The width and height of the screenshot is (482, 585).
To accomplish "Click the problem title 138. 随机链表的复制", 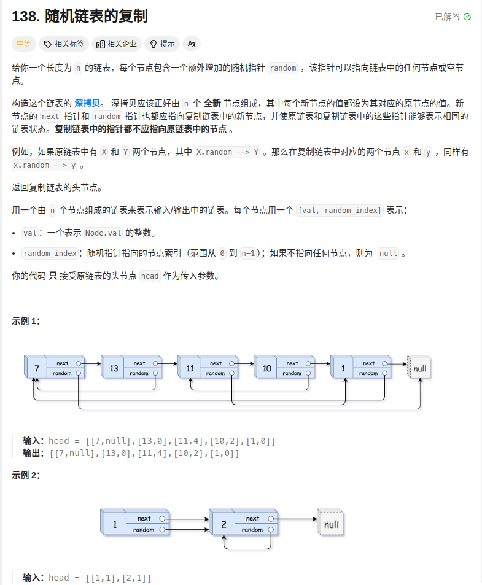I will click(x=80, y=17).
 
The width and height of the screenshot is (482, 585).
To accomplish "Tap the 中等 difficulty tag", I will click(x=24, y=44).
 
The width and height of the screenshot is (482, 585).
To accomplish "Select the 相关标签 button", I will click(x=64, y=44).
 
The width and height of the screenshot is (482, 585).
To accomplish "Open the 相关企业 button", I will click(x=117, y=44).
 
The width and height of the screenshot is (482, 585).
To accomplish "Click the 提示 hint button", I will click(x=162, y=44).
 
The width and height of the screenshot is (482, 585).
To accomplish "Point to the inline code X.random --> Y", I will click(x=227, y=152).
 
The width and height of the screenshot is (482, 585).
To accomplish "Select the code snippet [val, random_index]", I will click(x=340, y=211).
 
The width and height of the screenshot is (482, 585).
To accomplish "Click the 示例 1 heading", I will click(x=26, y=321).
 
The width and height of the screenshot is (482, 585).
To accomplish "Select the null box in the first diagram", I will click(x=420, y=368).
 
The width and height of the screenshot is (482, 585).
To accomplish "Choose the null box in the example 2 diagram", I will click(x=331, y=524).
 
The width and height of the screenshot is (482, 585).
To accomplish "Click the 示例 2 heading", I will click(x=26, y=475).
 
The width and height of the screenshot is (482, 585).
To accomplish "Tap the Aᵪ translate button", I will click(x=192, y=44).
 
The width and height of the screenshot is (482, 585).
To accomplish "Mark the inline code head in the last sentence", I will click(x=150, y=276).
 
